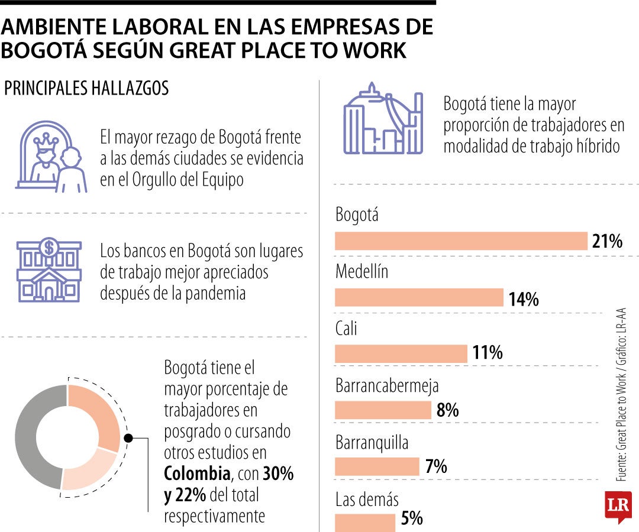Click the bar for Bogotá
[461, 241]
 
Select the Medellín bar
[419, 297]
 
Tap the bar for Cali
[401, 353]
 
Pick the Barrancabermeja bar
[383, 410]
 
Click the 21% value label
[606, 242]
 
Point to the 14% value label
[523, 299]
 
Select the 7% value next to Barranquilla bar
[436, 467]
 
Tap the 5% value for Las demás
[412, 519]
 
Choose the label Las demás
[367, 499]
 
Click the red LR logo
[618, 506]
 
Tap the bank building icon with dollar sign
[49, 270]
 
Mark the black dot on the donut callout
[128, 439]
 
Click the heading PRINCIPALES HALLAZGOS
[86, 89]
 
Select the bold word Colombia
[197, 474]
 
